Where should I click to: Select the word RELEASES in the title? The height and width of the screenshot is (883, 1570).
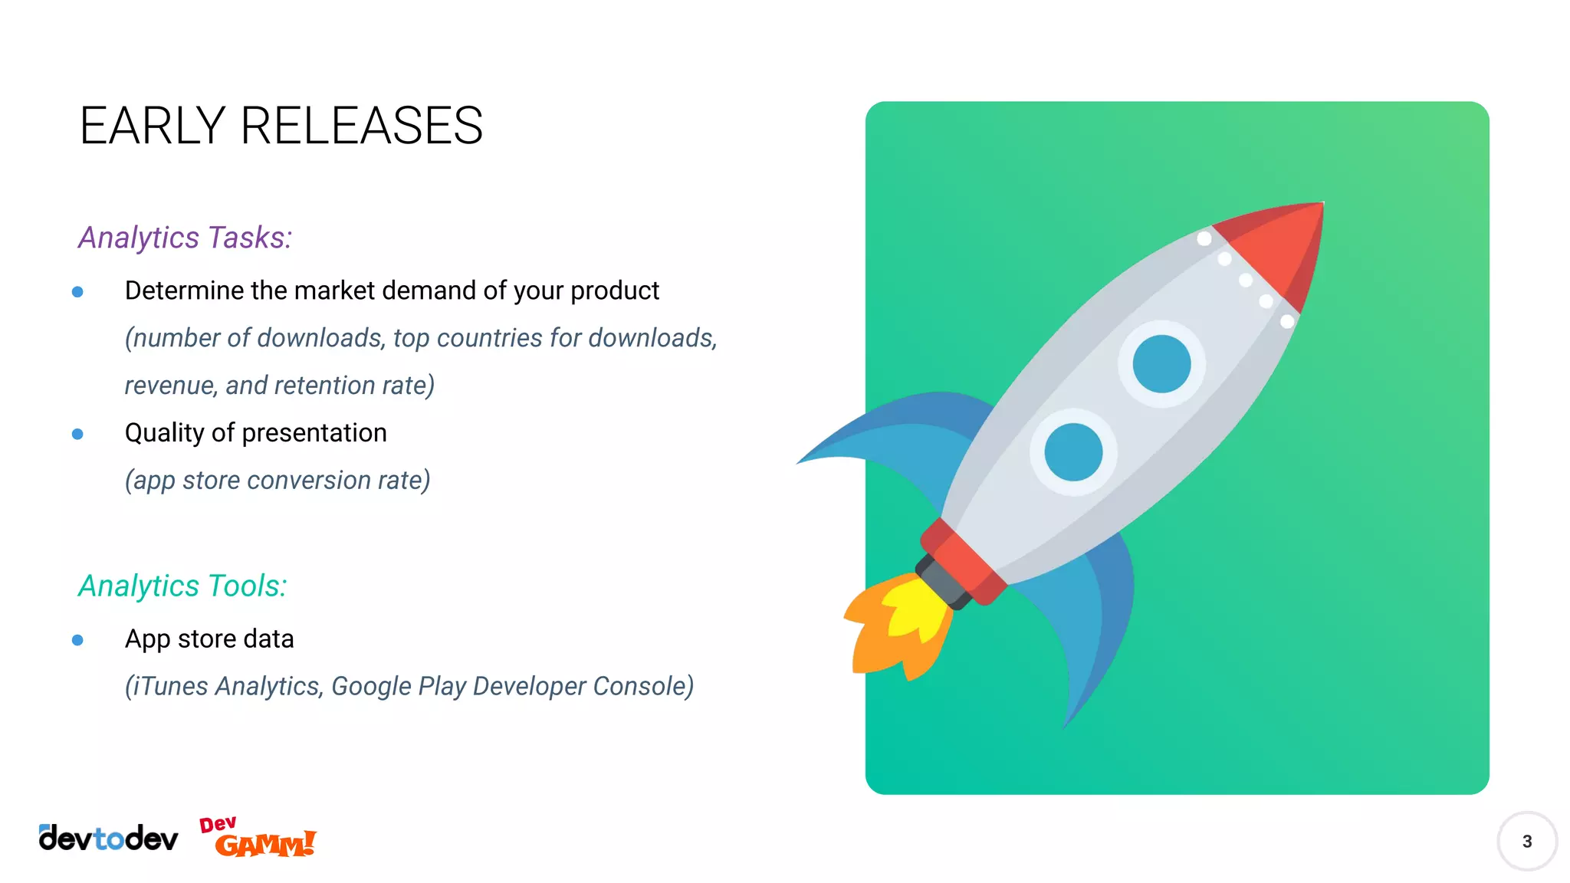click(361, 126)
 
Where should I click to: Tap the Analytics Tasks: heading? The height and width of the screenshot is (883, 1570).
click(185, 238)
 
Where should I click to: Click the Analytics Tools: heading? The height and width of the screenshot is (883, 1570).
click(182, 586)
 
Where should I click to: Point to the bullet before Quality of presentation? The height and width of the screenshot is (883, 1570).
click(77, 434)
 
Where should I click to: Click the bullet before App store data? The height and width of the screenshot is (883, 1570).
click(77, 640)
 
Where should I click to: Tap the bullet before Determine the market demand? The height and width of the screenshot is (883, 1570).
click(77, 291)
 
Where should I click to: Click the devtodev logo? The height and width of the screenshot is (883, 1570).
click(108, 839)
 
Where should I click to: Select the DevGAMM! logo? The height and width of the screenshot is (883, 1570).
click(258, 837)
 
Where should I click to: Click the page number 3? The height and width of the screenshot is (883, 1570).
click(1526, 842)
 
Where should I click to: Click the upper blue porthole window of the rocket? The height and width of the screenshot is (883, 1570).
click(1161, 364)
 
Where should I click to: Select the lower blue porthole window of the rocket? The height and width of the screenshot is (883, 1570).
click(1073, 452)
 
